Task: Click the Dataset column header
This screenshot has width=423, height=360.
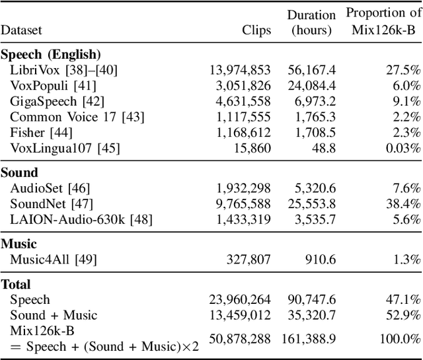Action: click(21, 30)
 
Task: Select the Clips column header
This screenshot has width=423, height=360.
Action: click(256, 30)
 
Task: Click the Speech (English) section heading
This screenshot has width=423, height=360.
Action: click(50, 55)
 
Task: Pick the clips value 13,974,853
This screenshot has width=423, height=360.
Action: click(240, 69)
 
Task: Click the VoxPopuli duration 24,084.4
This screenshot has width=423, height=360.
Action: click(309, 85)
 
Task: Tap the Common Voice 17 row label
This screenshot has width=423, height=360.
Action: click(77, 117)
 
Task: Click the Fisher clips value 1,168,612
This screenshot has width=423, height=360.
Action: click(243, 133)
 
